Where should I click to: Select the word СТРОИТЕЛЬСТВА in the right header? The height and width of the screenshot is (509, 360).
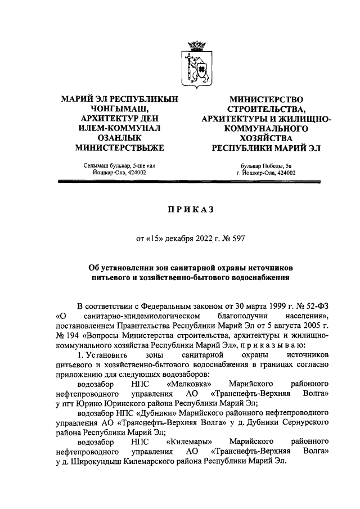point(266,109)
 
